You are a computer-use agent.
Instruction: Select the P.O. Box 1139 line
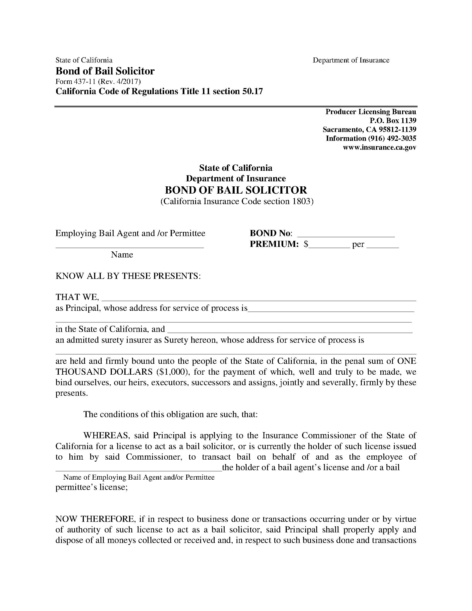coord(393,121)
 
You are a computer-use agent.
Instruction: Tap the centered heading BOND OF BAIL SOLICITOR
coord(236,190)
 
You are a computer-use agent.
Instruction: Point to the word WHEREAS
coord(106,435)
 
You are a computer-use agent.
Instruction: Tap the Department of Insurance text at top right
coord(351,60)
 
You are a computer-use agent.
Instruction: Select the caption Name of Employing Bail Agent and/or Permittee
coord(139,477)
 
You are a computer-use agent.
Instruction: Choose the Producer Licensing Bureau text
coord(370,112)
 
